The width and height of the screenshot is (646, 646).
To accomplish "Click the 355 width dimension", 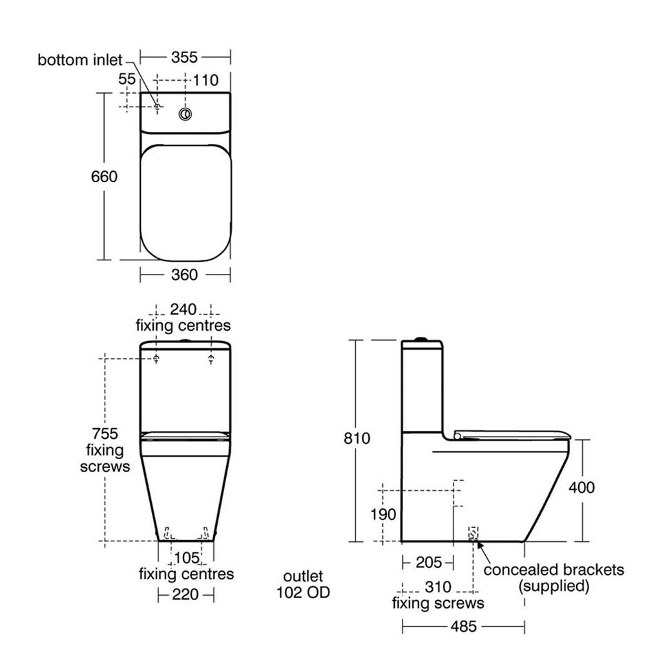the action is click(185, 57).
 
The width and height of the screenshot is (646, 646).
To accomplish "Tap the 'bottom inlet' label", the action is click(80, 60).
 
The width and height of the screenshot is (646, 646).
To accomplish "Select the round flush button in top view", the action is click(185, 114).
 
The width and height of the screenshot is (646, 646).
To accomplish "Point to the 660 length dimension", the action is click(104, 177).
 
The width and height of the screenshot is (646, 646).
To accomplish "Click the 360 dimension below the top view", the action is click(185, 275).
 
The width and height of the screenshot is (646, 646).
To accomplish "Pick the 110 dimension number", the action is click(205, 80).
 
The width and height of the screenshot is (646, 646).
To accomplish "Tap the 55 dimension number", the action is click(127, 79).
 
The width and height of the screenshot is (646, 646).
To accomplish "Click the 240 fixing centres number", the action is click(183, 309).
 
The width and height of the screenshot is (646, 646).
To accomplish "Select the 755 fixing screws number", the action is click(105, 434).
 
